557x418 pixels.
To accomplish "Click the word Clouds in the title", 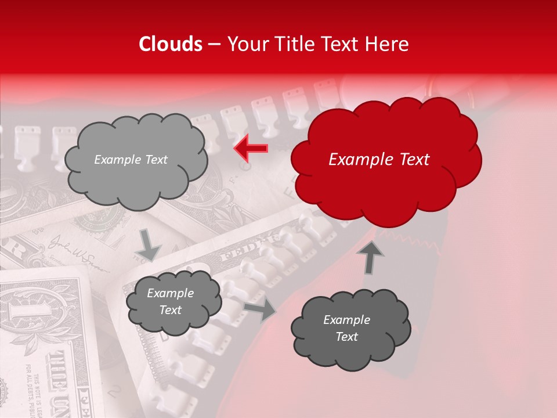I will (170, 44).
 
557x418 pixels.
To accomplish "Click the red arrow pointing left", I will (251, 149).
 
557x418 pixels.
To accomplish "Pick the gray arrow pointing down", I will (149, 244).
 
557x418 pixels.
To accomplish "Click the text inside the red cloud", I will (379, 160).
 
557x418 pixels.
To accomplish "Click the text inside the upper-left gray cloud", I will (131, 160).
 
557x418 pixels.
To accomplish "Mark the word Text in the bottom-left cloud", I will (170, 310).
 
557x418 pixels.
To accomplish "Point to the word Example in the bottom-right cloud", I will (346, 320).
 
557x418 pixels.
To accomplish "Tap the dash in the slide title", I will (214, 44).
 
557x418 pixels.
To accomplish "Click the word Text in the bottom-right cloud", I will (346, 337).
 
